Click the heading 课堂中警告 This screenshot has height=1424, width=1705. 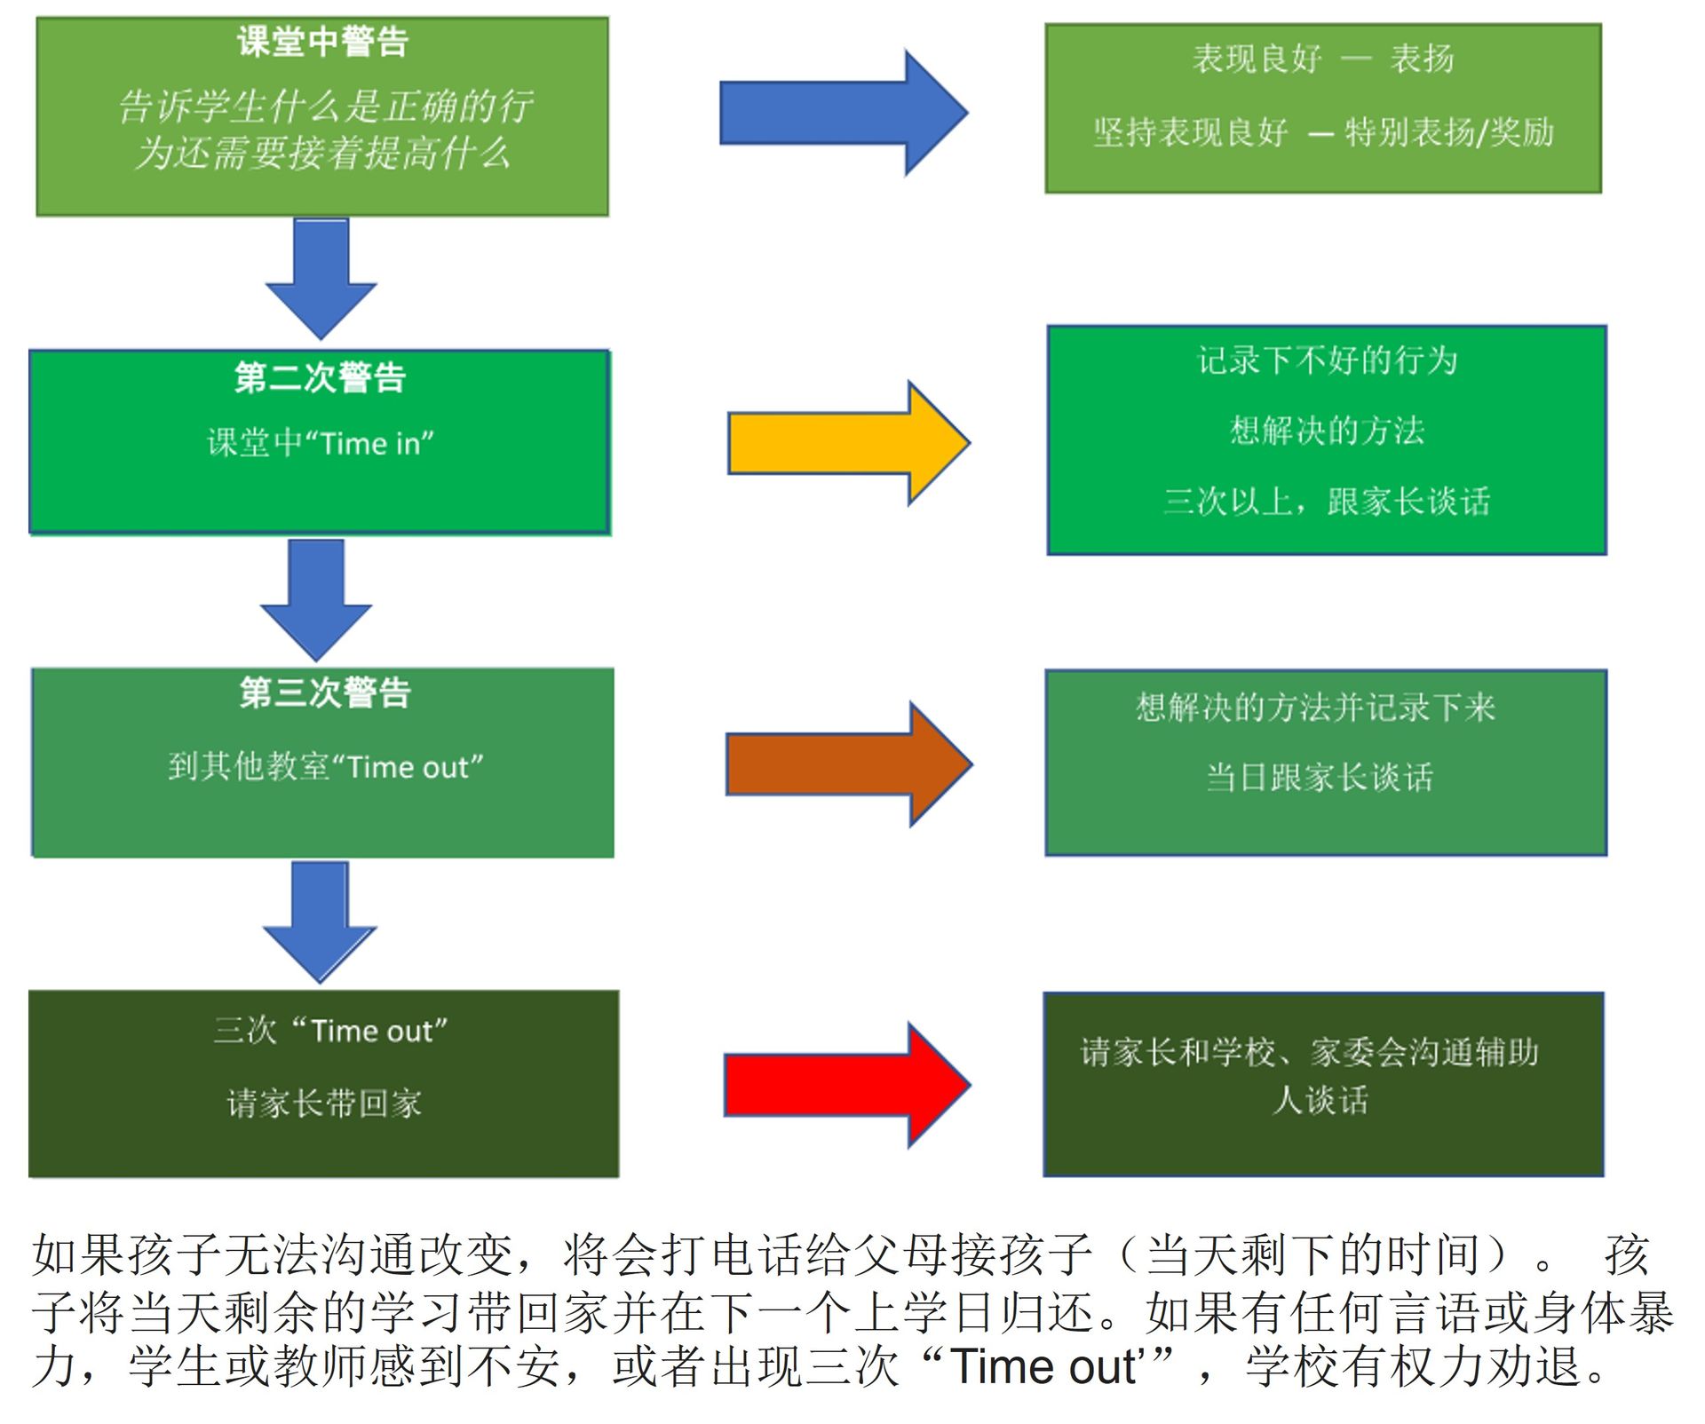[x=322, y=42]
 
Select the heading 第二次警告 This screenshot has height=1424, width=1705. [x=321, y=377]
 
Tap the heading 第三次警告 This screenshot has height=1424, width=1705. [x=325, y=692]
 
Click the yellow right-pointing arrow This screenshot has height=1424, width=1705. [x=847, y=443]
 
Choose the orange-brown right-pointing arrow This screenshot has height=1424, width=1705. [x=847, y=763]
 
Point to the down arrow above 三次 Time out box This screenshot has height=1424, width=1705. [x=320, y=920]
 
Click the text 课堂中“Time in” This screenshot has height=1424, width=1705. [x=321, y=442]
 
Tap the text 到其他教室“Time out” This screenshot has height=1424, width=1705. [x=326, y=766]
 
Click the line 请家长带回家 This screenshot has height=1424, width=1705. [x=324, y=1104]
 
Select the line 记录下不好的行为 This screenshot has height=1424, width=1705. [x=1328, y=360]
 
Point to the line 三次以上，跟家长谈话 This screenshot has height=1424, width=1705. [x=1327, y=502]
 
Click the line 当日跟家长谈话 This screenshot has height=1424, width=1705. [x=1320, y=778]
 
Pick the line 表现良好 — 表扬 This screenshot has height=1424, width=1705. [x=1323, y=59]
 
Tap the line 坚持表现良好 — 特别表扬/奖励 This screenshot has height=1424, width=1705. [x=1323, y=132]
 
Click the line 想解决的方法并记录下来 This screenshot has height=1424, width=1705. [x=1316, y=708]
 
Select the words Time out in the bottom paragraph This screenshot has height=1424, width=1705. [x=1043, y=1367]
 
